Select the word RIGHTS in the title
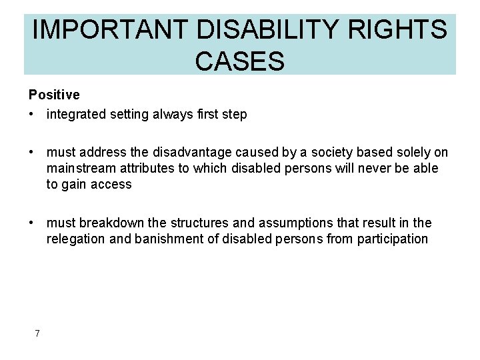click(x=407, y=30)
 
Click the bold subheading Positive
click(x=54, y=95)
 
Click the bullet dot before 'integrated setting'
click(x=32, y=115)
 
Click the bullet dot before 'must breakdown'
click(x=32, y=223)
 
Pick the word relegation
click(x=74, y=239)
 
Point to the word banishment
click(x=163, y=239)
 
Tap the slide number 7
click(x=37, y=333)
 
